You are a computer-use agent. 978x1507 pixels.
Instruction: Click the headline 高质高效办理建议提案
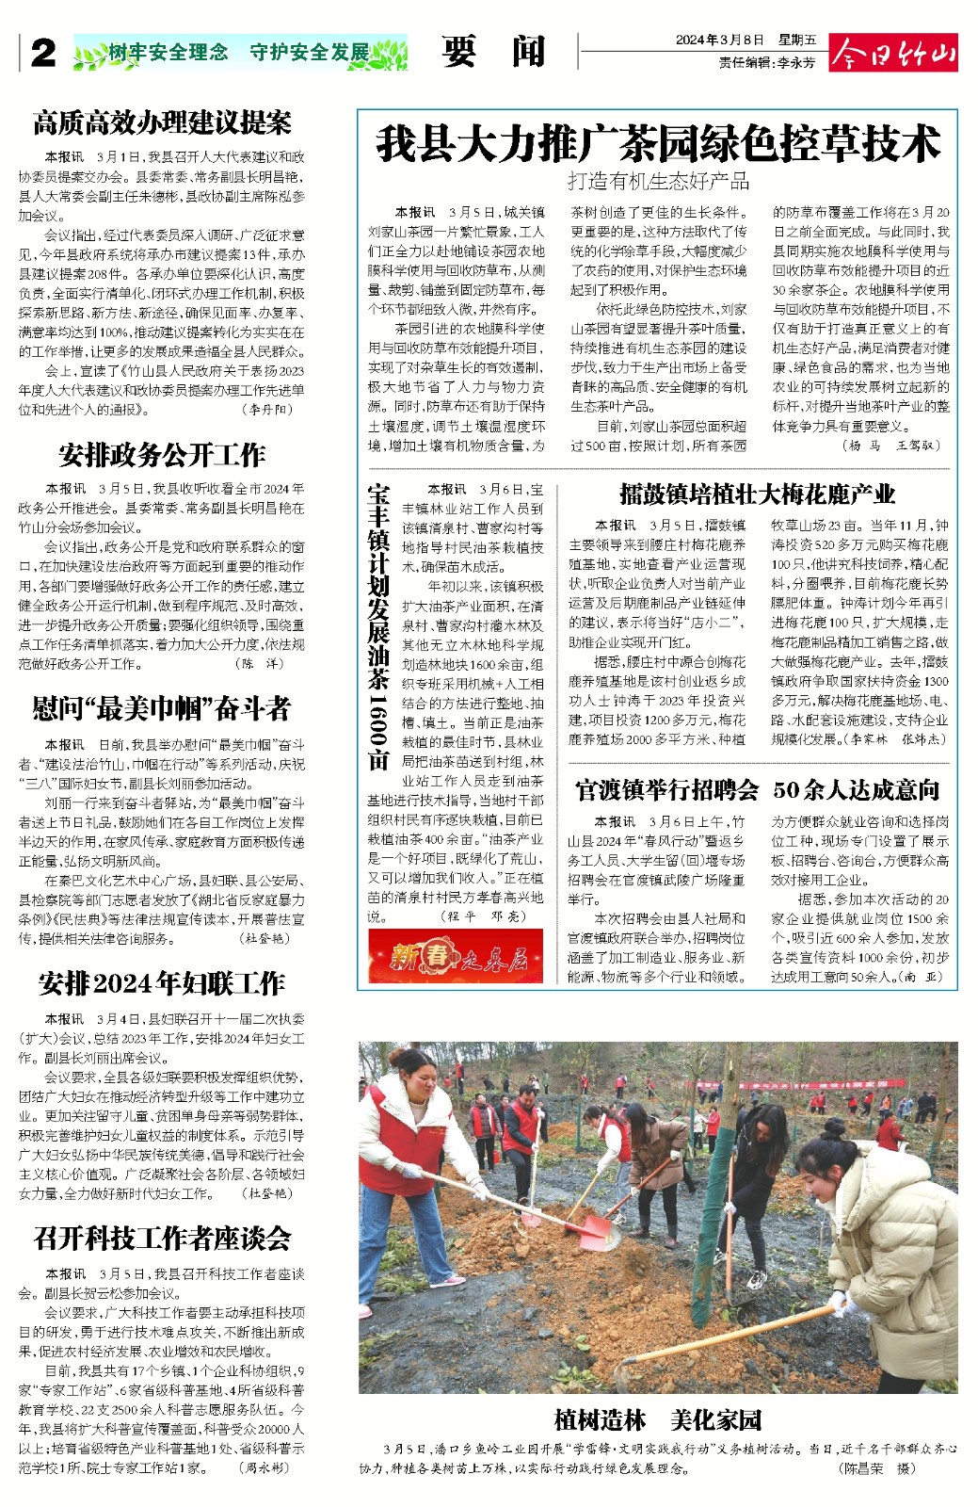[162, 122]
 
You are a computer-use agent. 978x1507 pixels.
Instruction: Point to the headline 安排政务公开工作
[162, 456]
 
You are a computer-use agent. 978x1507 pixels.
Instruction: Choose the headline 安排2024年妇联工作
[162, 984]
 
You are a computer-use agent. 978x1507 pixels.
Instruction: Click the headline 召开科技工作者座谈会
[162, 1239]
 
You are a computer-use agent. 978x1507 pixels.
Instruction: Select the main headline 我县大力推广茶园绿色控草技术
[658, 144]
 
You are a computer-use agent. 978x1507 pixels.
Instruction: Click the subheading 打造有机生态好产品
[658, 182]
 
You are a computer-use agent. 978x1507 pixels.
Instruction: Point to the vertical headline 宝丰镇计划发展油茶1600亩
[379, 626]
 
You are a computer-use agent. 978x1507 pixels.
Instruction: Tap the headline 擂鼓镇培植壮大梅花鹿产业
[757, 494]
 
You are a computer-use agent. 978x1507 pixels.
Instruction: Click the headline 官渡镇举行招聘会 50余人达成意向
[757, 789]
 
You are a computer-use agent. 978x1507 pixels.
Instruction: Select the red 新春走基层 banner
[456, 958]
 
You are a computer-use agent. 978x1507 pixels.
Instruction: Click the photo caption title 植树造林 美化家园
[658, 1419]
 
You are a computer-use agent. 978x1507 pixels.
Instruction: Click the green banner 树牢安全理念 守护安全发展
[240, 53]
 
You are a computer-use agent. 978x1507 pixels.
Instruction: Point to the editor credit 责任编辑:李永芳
[767, 62]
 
